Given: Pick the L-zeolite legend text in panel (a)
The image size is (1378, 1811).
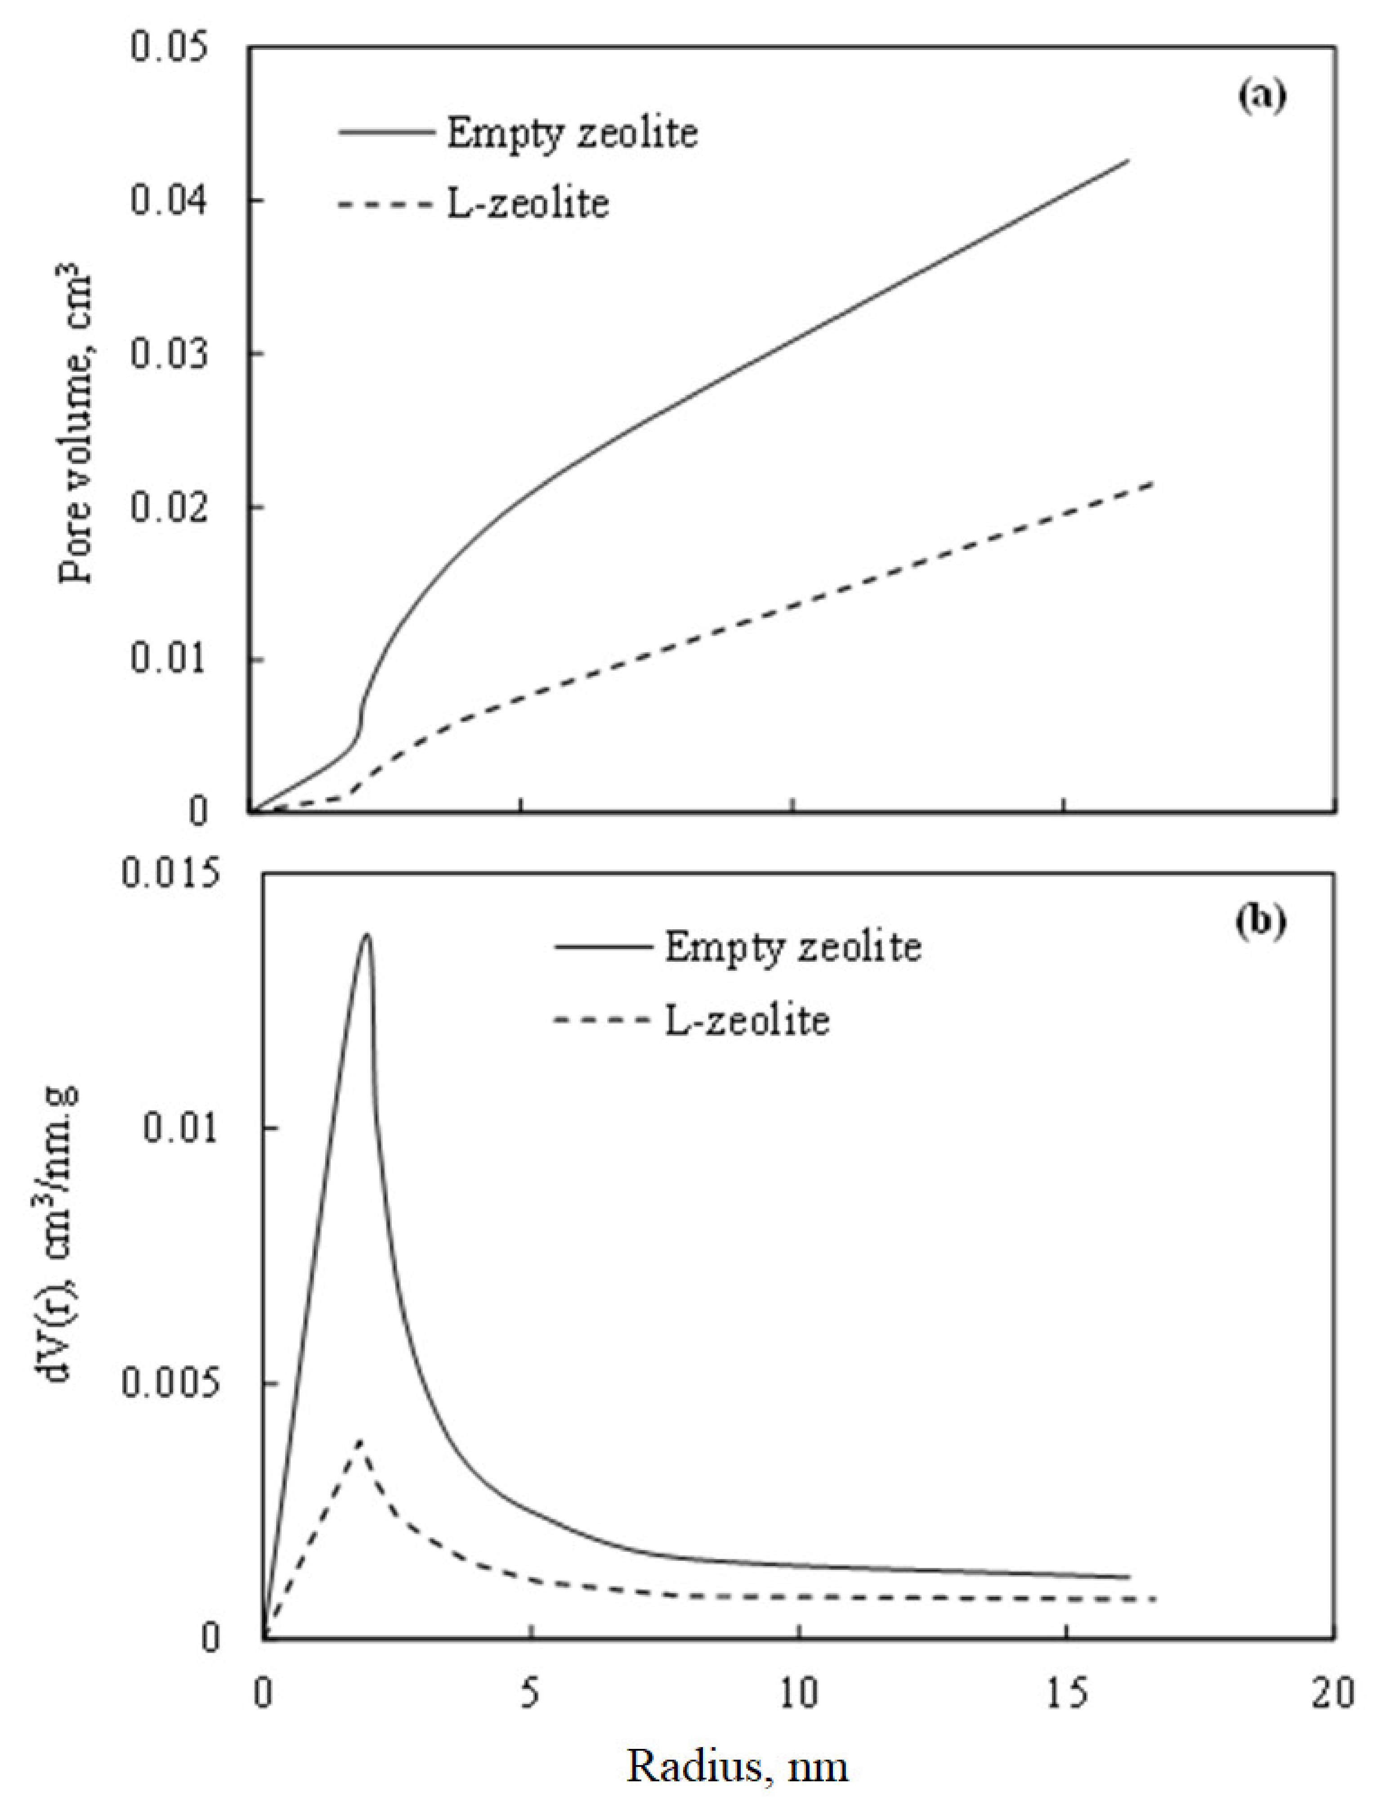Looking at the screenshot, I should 528,202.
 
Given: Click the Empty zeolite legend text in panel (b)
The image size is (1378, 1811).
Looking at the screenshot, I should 792,948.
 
